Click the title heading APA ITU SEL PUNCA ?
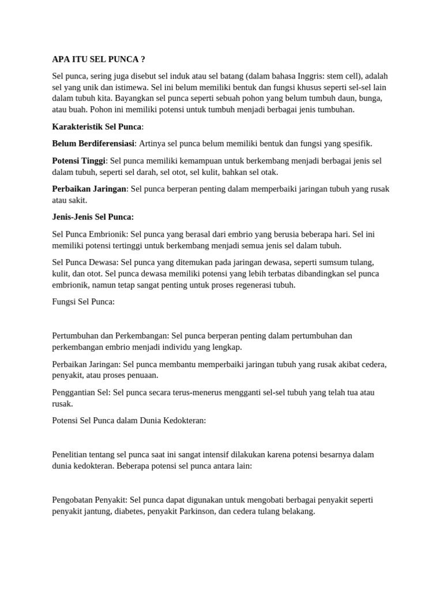tap(98, 59)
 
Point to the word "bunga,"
tap(370, 99)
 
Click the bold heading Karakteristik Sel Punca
tap(96, 127)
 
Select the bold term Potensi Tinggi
tap(79, 161)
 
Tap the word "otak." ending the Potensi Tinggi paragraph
tap(268, 172)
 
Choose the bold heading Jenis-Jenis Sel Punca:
tap(93, 217)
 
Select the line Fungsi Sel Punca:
tap(84, 302)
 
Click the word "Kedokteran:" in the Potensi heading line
tap(185, 421)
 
